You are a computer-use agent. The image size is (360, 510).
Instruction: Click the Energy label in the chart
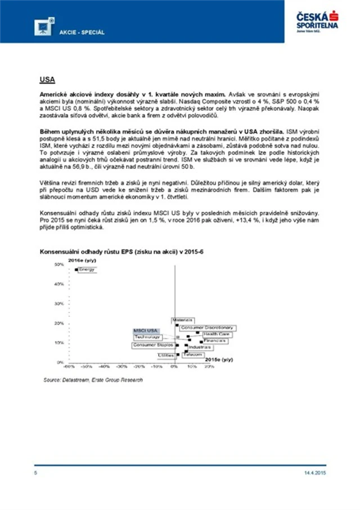[87, 270]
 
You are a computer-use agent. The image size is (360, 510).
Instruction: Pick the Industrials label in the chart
[200, 347]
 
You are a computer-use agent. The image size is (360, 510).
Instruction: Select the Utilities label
[166, 356]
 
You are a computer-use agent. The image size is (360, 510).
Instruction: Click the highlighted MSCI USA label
[145, 330]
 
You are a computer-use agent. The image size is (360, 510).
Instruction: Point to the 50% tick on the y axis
[58, 264]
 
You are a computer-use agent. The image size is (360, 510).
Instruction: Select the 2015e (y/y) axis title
[219, 359]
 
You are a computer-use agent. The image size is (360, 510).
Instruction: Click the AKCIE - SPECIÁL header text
[82, 32]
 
